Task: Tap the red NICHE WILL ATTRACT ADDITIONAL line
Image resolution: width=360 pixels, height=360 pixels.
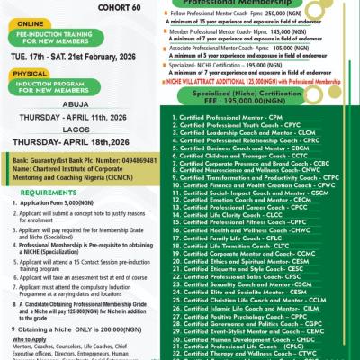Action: pyautogui.click(x=256, y=81)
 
